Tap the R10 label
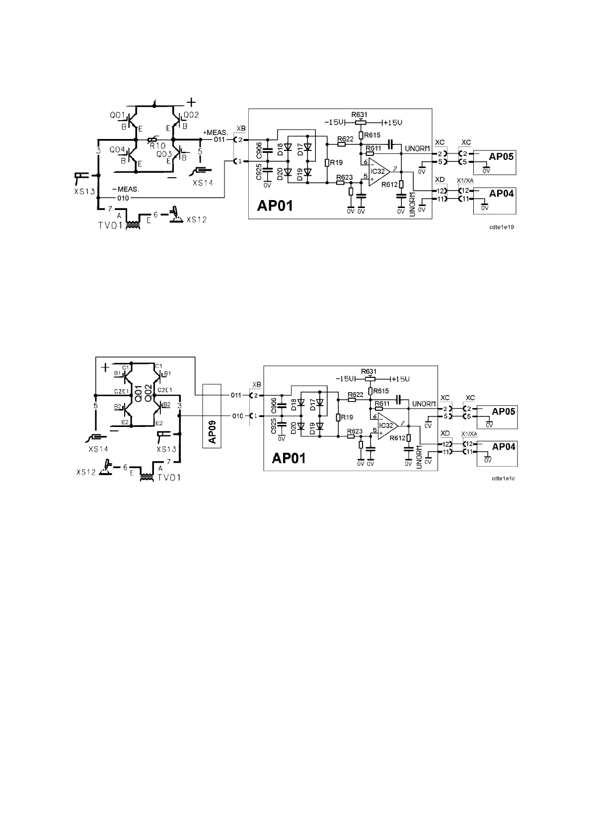[x=157, y=146]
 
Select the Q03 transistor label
[x=164, y=154]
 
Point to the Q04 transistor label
[x=117, y=150]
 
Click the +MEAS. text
[x=215, y=133]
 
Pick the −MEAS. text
[x=125, y=189]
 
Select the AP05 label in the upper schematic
[x=501, y=156]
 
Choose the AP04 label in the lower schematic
[x=504, y=447]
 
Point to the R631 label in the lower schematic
[x=369, y=371]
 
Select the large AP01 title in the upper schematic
[x=275, y=206]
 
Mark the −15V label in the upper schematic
[x=336, y=122]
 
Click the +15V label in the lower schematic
[x=400, y=379]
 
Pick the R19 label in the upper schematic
[x=337, y=163]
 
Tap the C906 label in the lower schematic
[x=274, y=405]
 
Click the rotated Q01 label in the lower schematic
[x=140, y=393]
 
